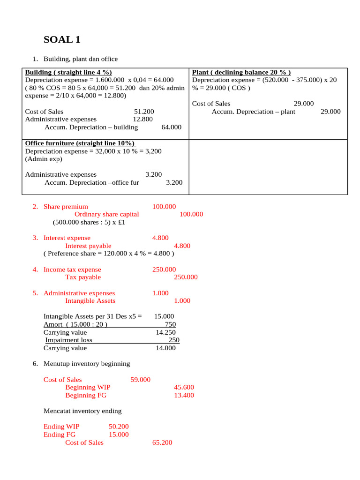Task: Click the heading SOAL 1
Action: point(62,40)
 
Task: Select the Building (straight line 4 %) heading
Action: point(68,72)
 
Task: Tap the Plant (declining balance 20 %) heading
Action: point(241,72)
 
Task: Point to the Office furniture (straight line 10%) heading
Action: point(80,143)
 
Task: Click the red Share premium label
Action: point(66,207)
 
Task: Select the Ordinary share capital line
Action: point(107,214)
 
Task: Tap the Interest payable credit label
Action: point(88,246)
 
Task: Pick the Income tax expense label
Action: point(72,270)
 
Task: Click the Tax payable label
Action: point(83,277)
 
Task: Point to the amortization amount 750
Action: point(170,324)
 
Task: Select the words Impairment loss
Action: point(69,340)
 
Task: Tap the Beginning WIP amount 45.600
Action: point(184,387)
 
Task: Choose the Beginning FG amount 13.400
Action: point(184,395)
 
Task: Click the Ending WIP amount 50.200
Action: point(119,427)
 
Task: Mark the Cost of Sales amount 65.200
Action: point(162,442)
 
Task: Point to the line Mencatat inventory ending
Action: point(82,411)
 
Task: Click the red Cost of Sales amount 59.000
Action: point(140,380)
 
